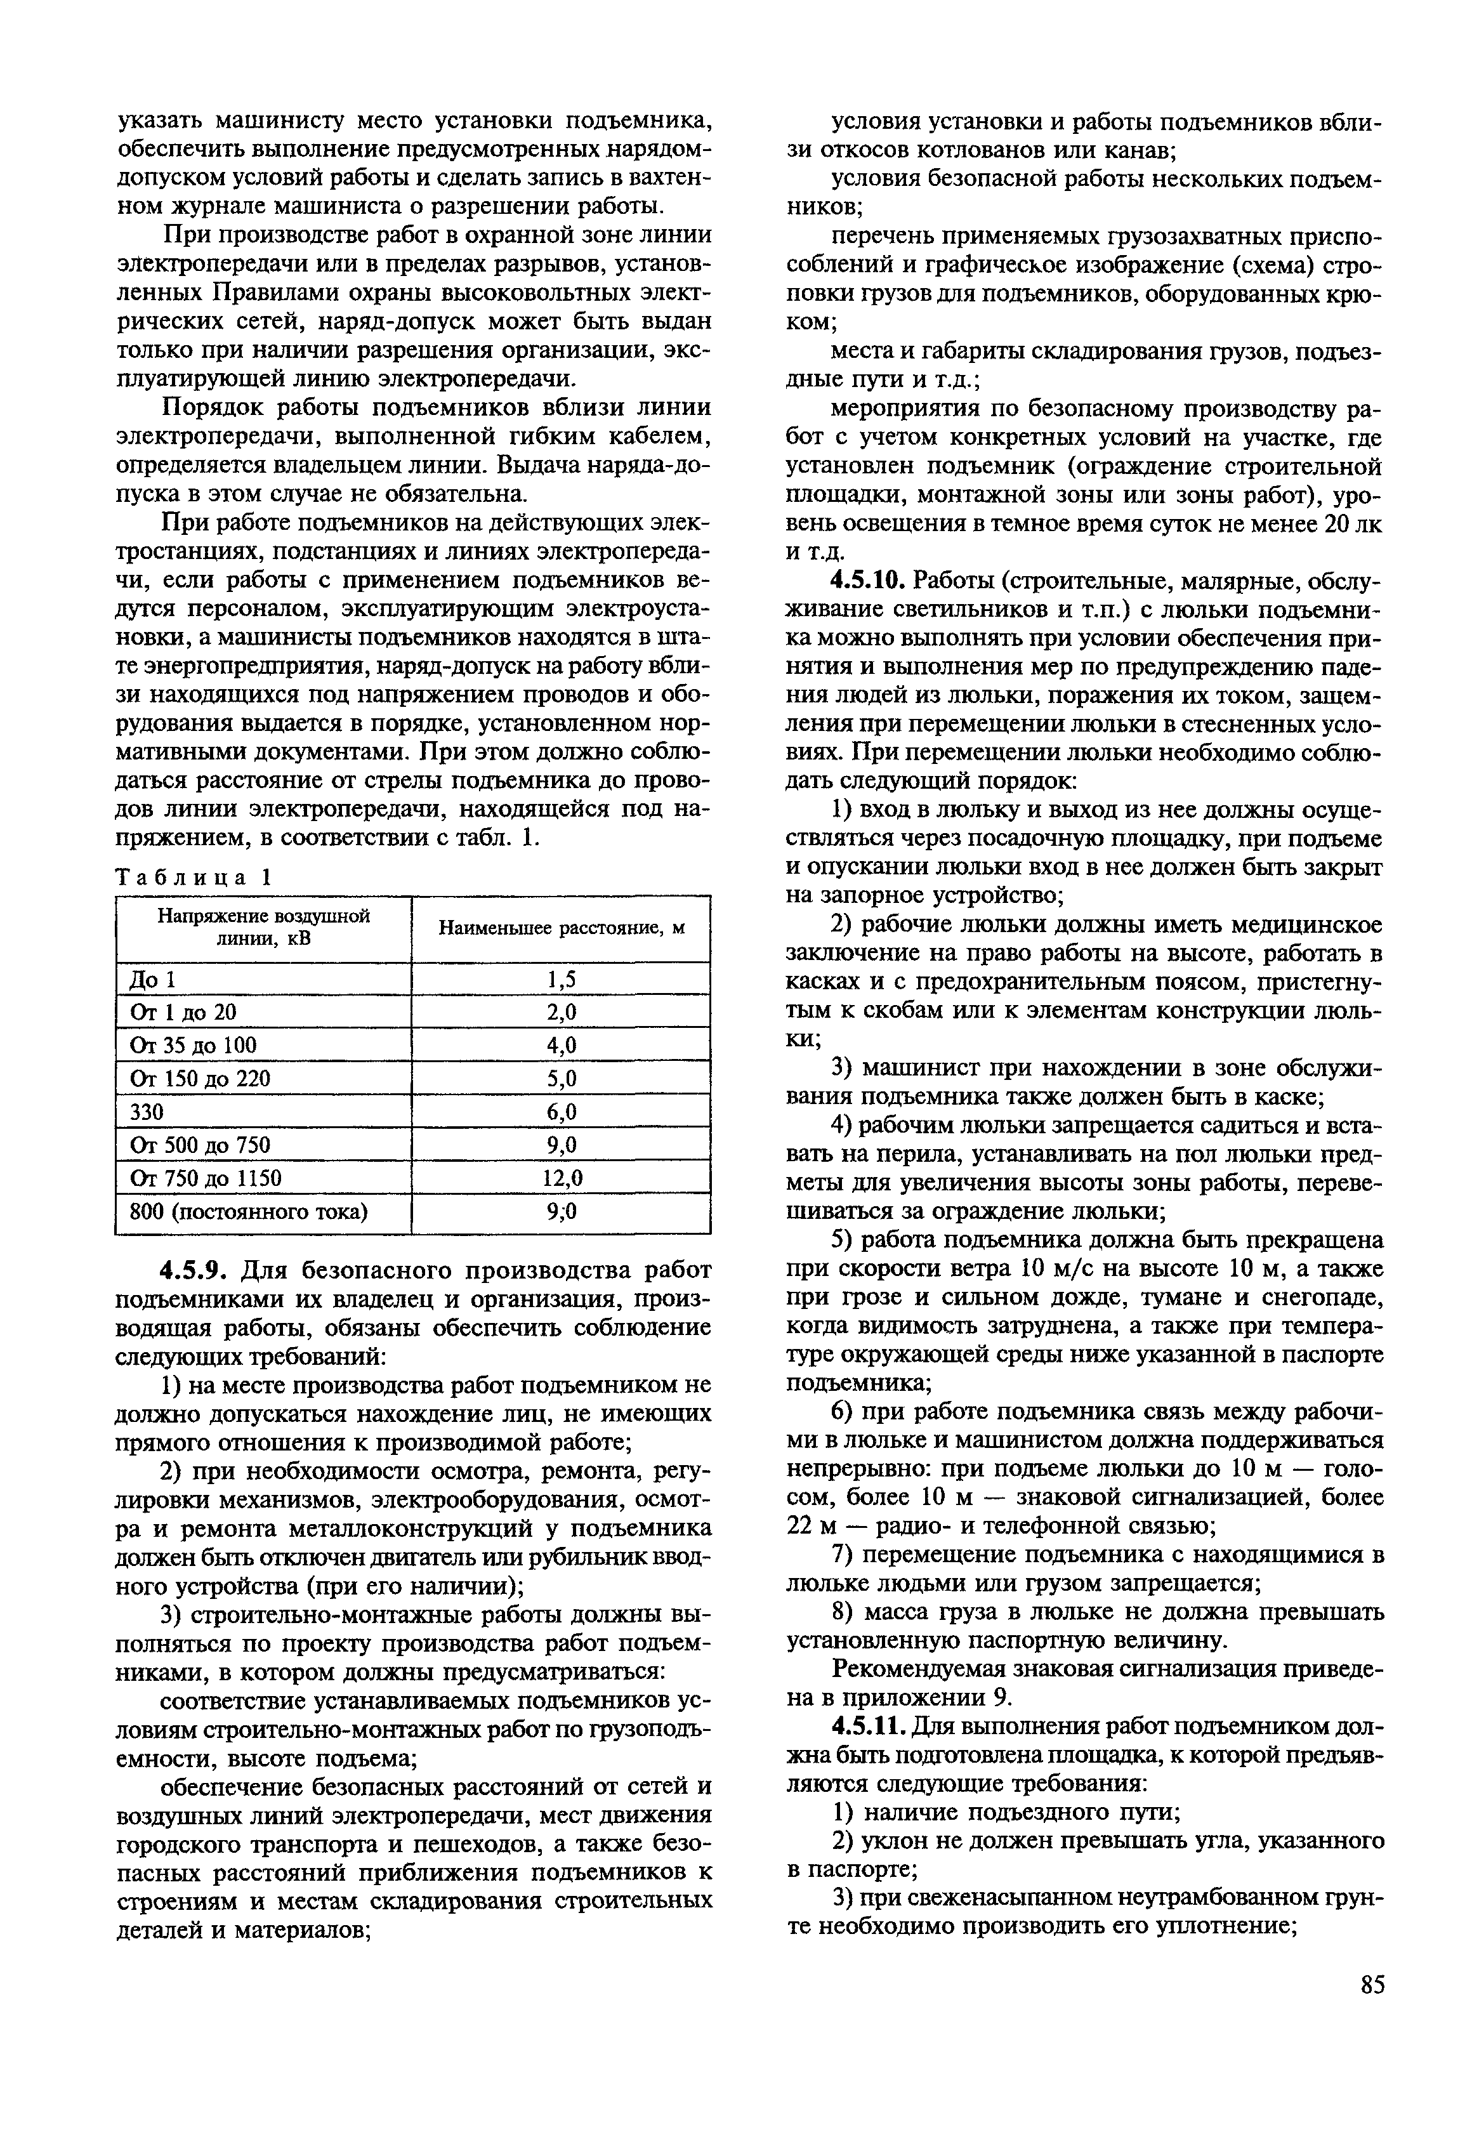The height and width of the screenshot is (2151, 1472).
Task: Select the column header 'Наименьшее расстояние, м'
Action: pyautogui.click(x=560, y=928)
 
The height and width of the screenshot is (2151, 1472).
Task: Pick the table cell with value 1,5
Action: pyautogui.click(x=560, y=979)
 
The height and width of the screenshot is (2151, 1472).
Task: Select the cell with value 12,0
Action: pyautogui.click(x=560, y=1178)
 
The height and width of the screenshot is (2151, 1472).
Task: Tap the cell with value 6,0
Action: pyautogui.click(x=560, y=1112)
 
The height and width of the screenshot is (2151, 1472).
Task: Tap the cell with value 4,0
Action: pyautogui.click(x=560, y=1046)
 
